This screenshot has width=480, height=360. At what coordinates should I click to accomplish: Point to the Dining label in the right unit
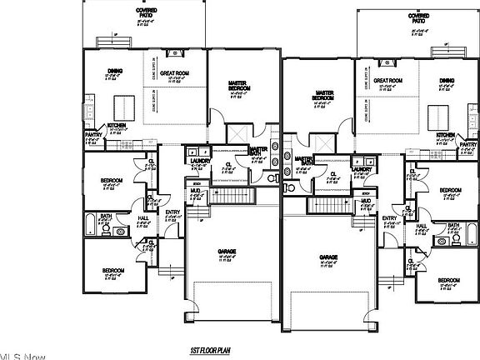(x=447, y=81)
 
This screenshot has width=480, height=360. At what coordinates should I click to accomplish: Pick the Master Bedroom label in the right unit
(x=324, y=96)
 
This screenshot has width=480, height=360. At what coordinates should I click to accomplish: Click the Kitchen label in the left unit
(x=117, y=126)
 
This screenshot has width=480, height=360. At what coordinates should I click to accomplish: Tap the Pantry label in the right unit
(x=468, y=144)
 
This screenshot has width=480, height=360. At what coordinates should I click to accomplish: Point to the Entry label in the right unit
(x=389, y=218)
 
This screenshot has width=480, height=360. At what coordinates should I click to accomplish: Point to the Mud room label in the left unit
(x=195, y=191)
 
